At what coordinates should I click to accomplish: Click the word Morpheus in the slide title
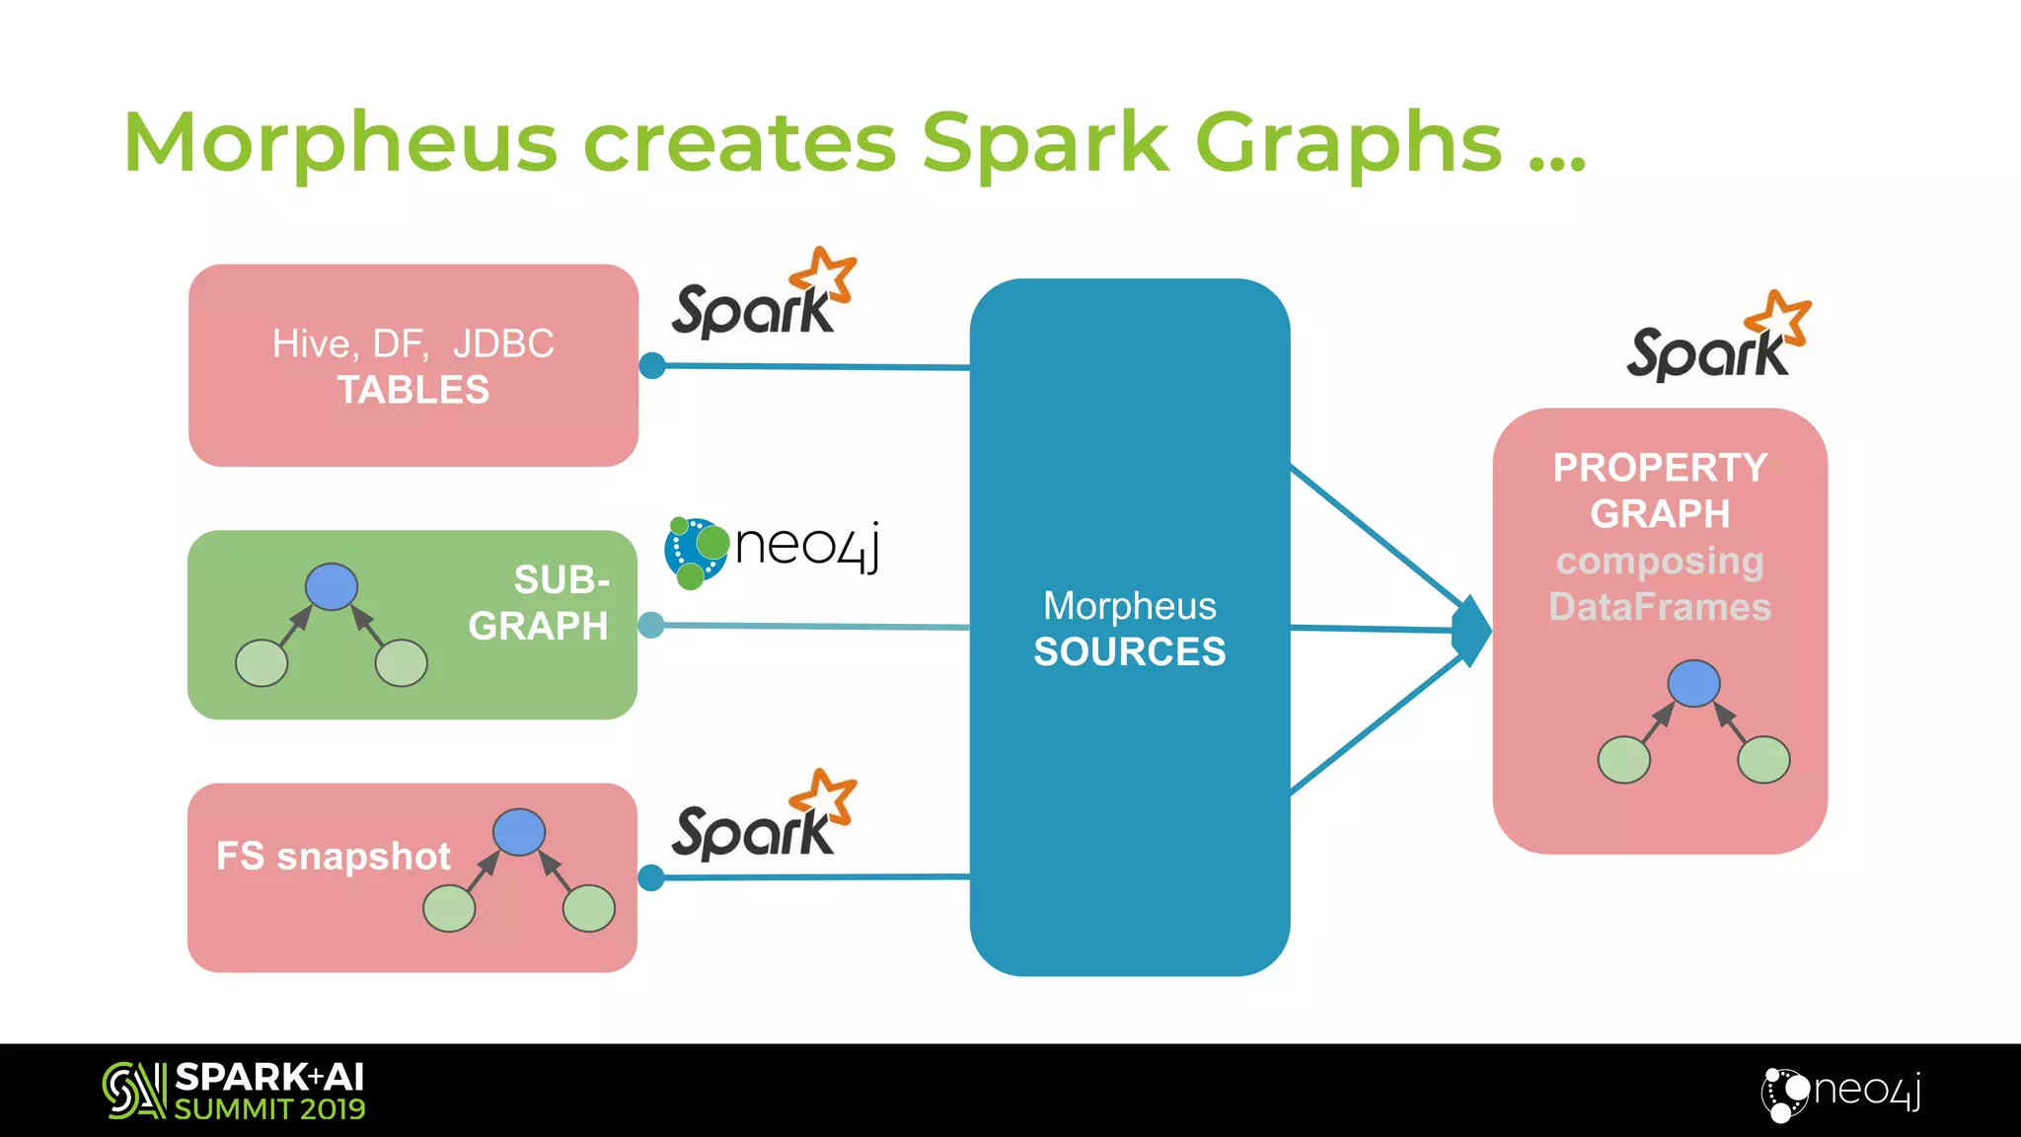pos(340,144)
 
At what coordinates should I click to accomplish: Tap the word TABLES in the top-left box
pos(413,391)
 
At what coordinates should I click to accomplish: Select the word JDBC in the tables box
pos(503,344)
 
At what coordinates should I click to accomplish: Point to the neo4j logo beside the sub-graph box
pos(772,550)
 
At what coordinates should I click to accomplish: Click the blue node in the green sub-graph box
pos(332,586)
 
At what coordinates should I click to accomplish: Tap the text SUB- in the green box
pos(561,580)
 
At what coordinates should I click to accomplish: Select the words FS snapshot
pos(334,857)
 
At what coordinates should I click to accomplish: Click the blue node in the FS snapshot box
pos(519,831)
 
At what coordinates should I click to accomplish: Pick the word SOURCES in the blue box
pos(1130,652)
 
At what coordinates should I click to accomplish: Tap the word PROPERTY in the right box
pos(1660,468)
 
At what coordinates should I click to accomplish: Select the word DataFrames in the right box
pos(1660,607)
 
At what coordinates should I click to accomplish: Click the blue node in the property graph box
pos(1693,683)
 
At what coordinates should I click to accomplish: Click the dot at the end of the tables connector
pos(652,366)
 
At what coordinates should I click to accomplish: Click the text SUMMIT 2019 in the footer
pos(269,1109)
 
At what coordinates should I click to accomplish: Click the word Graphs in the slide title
pos(1349,144)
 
